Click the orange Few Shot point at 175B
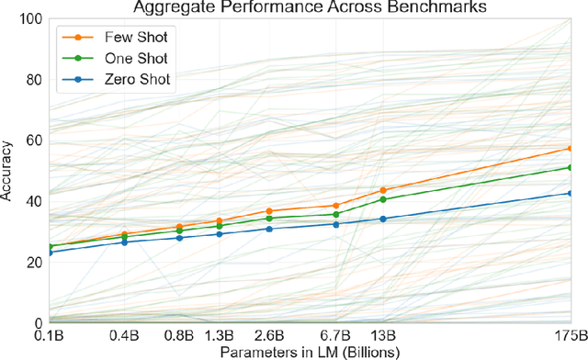(571, 148)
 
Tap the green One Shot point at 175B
(571, 167)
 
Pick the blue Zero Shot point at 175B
(571, 193)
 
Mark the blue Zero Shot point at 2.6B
(269, 229)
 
